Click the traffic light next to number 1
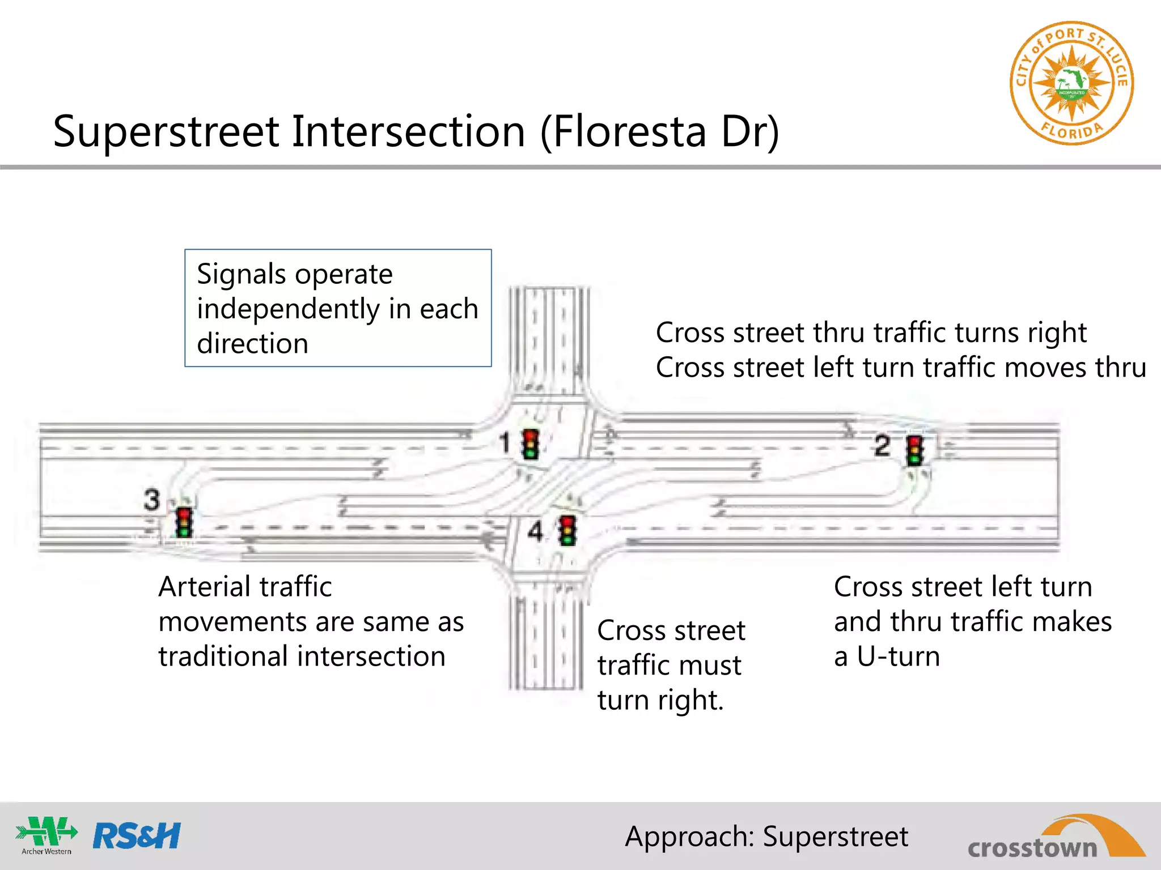click(531, 444)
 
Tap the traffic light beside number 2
click(914, 451)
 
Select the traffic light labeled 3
click(184, 522)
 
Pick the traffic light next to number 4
click(567, 531)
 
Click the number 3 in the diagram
click(152, 500)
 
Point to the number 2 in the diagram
click(882, 446)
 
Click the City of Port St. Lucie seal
click(1071, 84)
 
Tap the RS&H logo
click(137, 836)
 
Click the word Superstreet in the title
click(167, 131)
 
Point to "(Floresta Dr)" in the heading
click(660, 131)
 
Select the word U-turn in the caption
click(898, 656)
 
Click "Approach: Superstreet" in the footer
click(766, 837)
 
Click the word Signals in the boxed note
click(241, 274)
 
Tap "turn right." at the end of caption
click(660, 700)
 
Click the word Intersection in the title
click(408, 131)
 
